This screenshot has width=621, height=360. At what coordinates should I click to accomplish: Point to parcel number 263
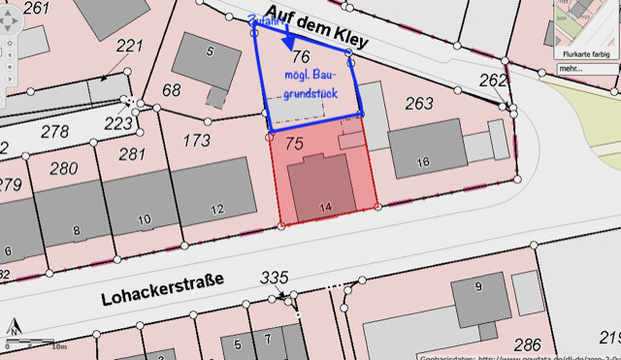[419, 104]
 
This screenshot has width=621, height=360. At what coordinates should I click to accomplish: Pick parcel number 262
[493, 81]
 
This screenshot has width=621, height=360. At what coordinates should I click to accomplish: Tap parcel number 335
[275, 278]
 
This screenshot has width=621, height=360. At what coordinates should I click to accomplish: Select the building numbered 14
[325, 207]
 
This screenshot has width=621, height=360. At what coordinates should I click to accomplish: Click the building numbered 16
[423, 162]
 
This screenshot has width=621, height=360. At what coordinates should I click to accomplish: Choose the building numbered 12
[216, 208]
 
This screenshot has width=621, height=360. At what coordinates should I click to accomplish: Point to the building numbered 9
[478, 286]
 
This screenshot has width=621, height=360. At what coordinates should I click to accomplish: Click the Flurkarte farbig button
[585, 54]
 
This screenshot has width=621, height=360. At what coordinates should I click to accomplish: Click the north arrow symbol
[15, 326]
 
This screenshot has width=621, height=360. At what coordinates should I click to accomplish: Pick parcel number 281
[132, 154]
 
